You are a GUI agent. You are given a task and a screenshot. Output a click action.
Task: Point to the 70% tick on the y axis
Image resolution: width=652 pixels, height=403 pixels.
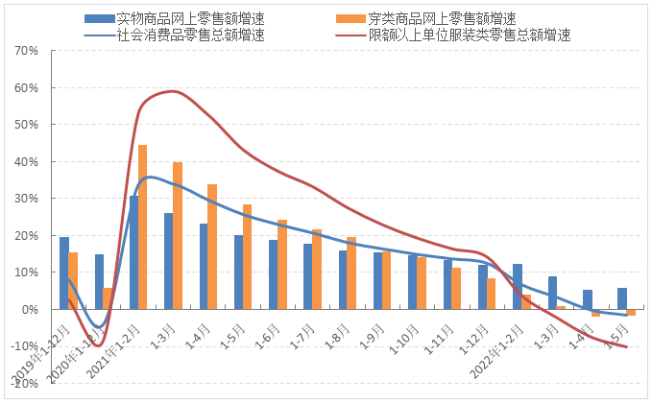coord(26,50)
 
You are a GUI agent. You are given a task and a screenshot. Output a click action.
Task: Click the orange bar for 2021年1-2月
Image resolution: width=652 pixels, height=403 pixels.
coord(143,226)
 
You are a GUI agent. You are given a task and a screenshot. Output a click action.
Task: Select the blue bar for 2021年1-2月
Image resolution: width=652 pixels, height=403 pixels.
coord(133,252)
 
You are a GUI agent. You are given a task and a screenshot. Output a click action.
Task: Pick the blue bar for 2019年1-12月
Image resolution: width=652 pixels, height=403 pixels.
coord(63,273)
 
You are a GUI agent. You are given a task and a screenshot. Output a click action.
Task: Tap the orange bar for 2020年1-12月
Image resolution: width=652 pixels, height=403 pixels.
coord(108,298)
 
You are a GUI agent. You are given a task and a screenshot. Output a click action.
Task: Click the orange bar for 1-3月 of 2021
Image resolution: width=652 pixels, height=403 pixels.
coord(178,235)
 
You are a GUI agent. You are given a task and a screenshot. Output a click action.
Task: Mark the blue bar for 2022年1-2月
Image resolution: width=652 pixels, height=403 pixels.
coord(518,286)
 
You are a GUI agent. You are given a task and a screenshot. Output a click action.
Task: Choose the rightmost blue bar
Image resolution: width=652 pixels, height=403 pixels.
coord(622,298)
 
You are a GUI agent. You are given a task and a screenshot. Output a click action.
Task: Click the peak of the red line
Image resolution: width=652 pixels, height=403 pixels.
coord(172,91)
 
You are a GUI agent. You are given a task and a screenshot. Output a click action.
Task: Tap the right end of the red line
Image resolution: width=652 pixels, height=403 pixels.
coord(627,346)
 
